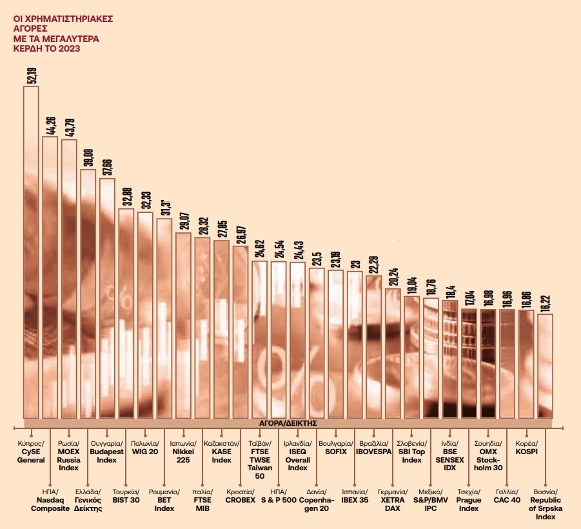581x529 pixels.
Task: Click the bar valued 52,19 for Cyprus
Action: tap(31, 252)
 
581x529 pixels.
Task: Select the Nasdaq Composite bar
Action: tap(50, 277)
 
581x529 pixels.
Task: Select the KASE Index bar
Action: tap(221, 329)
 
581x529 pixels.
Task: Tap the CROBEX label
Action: tap(240, 499)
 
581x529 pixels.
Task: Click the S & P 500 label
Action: tap(279, 499)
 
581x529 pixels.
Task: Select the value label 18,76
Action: tap(431, 284)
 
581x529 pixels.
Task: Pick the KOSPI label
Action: tap(526, 452)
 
